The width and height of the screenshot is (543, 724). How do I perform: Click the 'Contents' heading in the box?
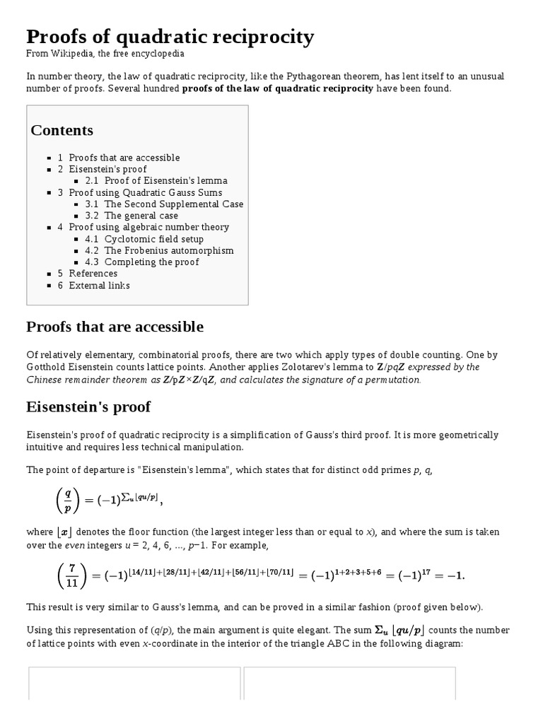(x=62, y=130)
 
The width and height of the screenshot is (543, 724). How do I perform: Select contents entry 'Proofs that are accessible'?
(x=124, y=158)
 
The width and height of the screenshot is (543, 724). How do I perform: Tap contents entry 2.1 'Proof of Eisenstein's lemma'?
(x=165, y=180)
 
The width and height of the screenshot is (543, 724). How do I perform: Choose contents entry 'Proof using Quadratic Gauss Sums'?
(x=146, y=192)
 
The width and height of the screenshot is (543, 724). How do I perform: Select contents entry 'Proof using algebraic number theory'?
(x=149, y=227)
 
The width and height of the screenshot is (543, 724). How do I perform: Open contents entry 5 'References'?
(x=93, y=274)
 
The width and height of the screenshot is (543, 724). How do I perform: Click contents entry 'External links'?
(x=99, y=285)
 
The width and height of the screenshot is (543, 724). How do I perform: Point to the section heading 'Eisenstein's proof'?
(x=88, y=407)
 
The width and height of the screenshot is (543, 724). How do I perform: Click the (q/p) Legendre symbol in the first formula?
(x=68, y=501)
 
